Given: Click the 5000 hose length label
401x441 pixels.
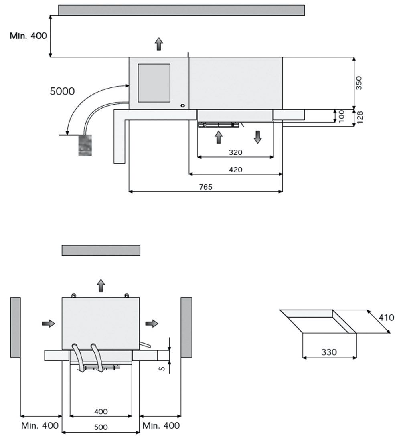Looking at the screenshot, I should point(62,91).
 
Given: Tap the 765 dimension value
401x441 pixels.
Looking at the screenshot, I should point(205,187).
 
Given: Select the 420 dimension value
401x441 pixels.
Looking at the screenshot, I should point(235,170).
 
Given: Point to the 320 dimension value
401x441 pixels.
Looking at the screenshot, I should point(235,152).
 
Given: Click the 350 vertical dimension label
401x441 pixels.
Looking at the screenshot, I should point(359,83).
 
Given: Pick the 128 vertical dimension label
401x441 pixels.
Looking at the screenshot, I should point(360,117).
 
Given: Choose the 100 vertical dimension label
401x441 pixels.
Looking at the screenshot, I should point(342,116).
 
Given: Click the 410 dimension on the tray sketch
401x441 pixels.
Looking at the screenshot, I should point(387,318).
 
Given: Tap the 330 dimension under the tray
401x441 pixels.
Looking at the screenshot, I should point(329,352).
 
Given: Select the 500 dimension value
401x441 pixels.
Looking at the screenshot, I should point(101,427).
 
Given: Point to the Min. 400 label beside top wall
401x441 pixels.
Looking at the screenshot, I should point(28,36).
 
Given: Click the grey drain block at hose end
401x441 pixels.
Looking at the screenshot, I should point(85,145).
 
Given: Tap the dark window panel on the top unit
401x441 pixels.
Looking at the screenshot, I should point(154,83).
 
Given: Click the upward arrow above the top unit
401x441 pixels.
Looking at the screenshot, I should point(159,44).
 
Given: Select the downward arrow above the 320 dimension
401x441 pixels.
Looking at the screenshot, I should point(257,137).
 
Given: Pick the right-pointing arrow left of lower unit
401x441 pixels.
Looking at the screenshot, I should point(48,323).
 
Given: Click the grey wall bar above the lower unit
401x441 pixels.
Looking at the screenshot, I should point(101,250).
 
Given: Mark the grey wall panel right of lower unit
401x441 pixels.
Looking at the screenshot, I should point(186,327).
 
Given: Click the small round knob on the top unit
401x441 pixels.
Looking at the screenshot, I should point(182,105).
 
